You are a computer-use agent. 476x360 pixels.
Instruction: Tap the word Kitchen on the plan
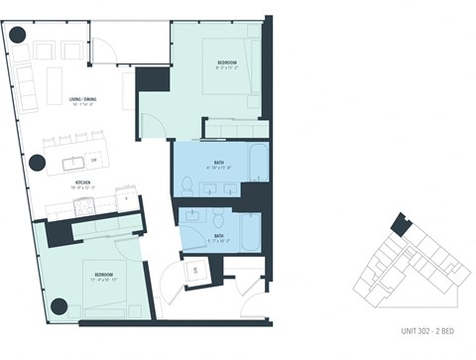(82, 182)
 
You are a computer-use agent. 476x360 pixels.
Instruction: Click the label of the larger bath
(218, 166)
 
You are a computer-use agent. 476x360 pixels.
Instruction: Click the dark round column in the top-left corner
(16, 36)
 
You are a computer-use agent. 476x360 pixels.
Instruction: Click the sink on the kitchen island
(75, 161)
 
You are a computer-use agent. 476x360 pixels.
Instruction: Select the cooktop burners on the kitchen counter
(82, 206)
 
